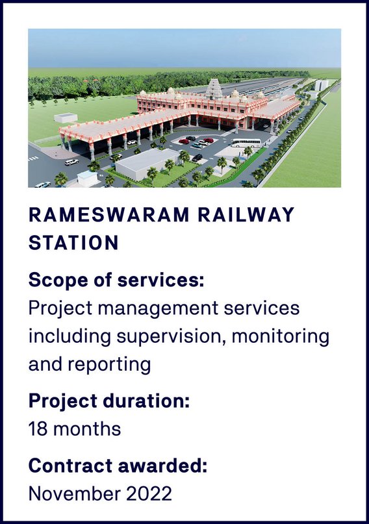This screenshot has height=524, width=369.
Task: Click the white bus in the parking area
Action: [x=246, y=143]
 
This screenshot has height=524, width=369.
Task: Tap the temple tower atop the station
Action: [x=214, y=88]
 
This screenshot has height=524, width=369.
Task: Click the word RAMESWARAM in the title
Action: [x=109, y=214]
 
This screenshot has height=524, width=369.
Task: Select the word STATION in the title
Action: [x=73, y=243]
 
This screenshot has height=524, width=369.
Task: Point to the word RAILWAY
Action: [x=246, y=214]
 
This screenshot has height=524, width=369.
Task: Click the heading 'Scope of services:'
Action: [x=116, y=280]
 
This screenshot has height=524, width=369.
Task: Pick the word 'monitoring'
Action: [x=280, y=337]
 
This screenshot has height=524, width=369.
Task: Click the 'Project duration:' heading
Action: [x=109, y=401]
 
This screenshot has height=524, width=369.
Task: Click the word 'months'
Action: [x=87, y=429]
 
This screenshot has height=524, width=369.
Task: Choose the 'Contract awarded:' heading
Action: [x=118, y=465]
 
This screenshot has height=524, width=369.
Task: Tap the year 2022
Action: [x=149, y=493]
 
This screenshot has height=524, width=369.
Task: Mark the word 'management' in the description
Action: [x=158, y=309]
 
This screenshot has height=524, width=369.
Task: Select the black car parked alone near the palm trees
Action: [x=197, y=157]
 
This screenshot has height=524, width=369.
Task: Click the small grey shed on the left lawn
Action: [x=66, y=118]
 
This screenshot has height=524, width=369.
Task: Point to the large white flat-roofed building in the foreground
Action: [x=147, y=163]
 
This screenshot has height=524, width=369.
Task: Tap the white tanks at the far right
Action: [x=322, y=84]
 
